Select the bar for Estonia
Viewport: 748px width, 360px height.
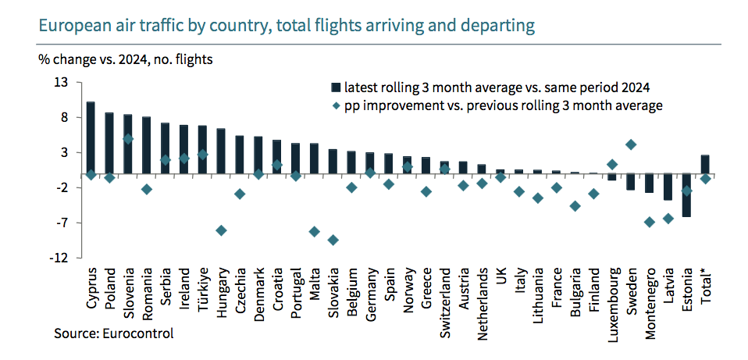point(686,195)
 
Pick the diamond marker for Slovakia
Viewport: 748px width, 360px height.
point(333,240)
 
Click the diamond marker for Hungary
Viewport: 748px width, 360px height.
point(221,230)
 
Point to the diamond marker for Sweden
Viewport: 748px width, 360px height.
point(631,144)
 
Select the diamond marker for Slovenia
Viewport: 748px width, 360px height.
point(128,139)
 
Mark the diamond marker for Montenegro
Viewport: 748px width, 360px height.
point(650,222)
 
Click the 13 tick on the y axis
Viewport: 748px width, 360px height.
point(61,83)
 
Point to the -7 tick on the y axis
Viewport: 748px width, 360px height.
point(62,223)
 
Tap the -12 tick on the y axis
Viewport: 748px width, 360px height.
point(59,258)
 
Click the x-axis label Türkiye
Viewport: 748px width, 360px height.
point(203,290)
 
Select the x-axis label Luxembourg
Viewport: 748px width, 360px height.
point(612,300)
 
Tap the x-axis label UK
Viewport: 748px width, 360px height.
point(500,277)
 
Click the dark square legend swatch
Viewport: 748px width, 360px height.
point(336,87)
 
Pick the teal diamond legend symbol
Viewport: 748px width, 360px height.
point(336,105)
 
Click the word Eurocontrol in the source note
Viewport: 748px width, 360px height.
point(141,333)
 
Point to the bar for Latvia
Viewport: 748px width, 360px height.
point(668,187)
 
